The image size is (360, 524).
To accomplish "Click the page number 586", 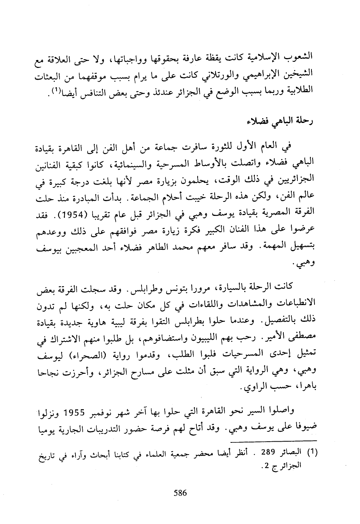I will pyautogui.click(x=180, y=493).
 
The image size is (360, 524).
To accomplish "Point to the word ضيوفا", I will pyautogui.click(x=304, y=427).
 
